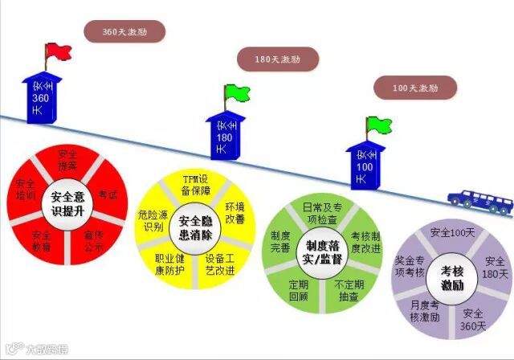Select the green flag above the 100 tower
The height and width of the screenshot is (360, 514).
point(377,125)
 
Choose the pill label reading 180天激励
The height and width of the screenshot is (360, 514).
point(279,59)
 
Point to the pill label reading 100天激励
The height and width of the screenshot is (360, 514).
point(415,86)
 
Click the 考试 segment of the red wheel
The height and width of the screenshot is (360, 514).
point(108,194)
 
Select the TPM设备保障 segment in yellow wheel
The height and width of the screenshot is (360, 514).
point(196,184)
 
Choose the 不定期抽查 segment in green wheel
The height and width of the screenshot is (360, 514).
point(349,289)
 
